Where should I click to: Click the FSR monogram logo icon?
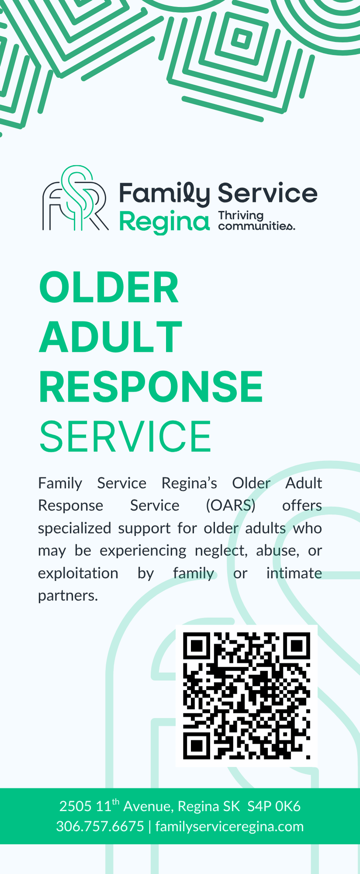coord(75,199)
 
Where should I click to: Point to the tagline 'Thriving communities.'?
coord(256,221)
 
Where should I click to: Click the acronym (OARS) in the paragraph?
coord(231,506)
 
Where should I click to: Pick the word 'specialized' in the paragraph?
coord(75,528)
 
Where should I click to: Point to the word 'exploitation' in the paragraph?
coord(78,573)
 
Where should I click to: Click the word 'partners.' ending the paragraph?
coord(68,596)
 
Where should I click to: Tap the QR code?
coord(246,695)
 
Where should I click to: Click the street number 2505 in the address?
coord(76,806)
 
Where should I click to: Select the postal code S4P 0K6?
coord(274,806)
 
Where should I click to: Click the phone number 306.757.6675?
coord(100,826)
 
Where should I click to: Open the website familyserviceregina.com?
coord(229,826)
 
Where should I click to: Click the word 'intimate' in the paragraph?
coord(294,573)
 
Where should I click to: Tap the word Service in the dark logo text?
coord(268,193)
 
